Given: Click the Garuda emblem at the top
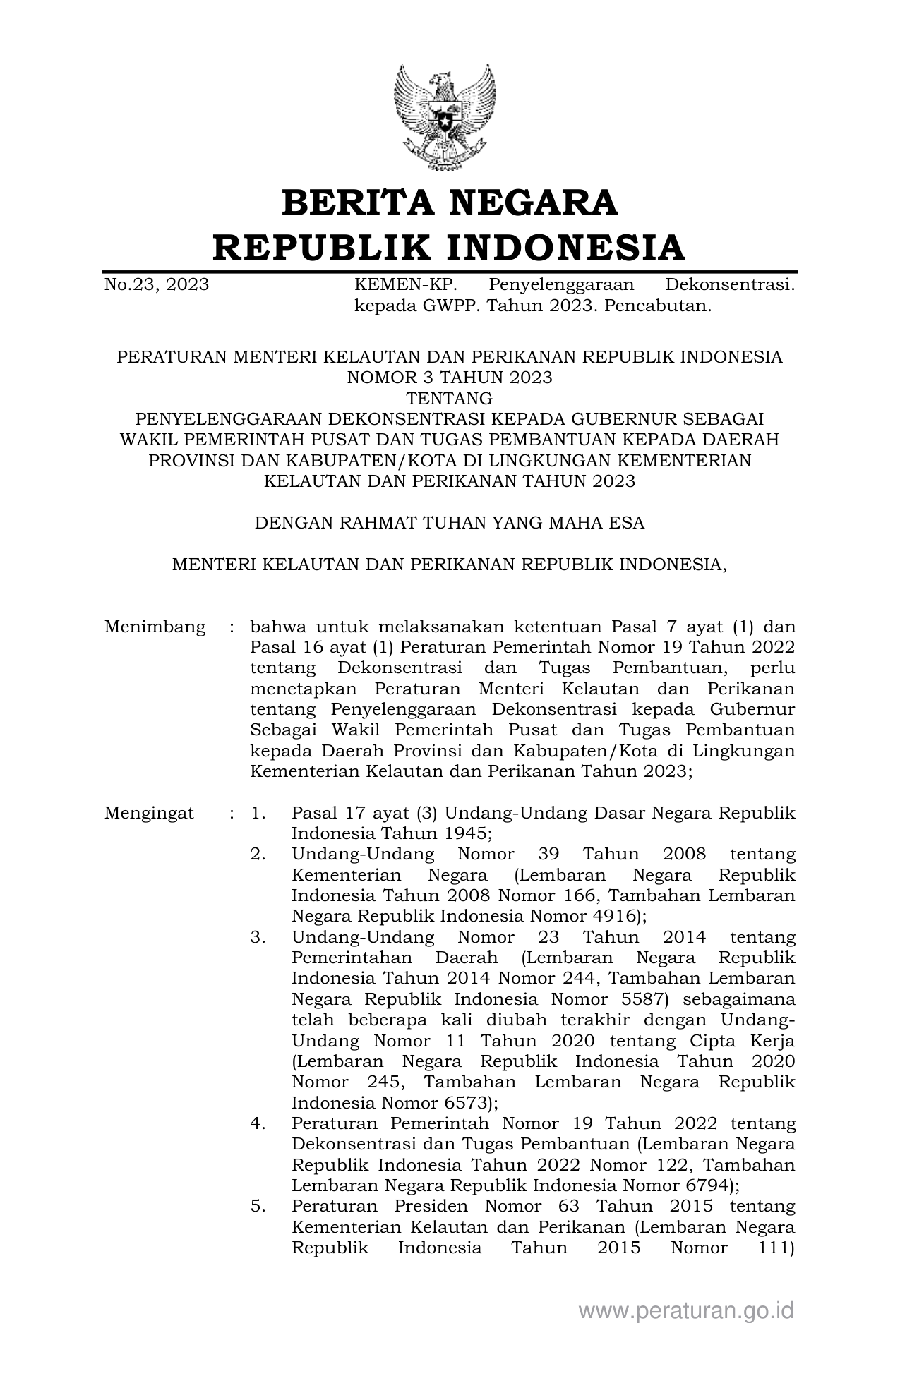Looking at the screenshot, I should [x=444, y=116].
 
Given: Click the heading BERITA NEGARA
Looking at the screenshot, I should [x=450, y=203].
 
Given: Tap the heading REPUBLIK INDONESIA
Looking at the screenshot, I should [x=450, y=247].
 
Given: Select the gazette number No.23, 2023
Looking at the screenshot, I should [x=156, y=285].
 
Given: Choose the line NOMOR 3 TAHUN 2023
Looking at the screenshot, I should [x=450, y=378].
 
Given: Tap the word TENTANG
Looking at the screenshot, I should [x=450, y=398].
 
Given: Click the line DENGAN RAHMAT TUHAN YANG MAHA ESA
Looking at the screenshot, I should [x=450, y=523].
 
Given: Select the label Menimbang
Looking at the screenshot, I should [x=155, y=627].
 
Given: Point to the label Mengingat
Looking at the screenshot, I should [x=149, y=813].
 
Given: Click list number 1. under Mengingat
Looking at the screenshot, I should [x=258, y=813].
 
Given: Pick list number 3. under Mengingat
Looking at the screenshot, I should [x=258, y=937].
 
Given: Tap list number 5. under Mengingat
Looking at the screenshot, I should [x=258, y=1206].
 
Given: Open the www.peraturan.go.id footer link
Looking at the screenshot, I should [x=686, y=1310].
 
